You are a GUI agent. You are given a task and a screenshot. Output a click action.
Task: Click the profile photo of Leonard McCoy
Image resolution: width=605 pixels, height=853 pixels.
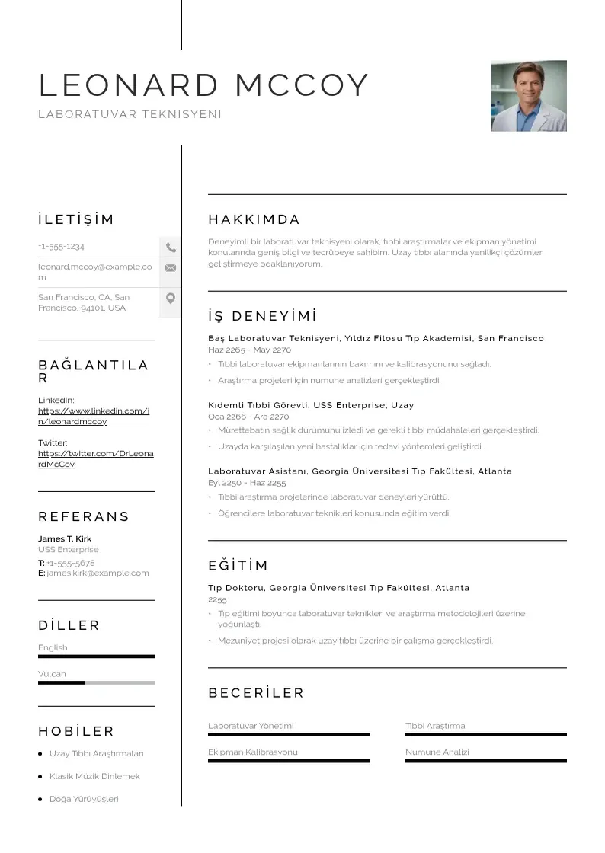(x=528, y=96)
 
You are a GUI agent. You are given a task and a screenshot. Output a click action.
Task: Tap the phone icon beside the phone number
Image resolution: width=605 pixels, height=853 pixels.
(x=171, y=248)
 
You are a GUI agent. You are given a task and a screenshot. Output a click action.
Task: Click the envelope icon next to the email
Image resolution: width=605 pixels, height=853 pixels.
(x=171, y=268)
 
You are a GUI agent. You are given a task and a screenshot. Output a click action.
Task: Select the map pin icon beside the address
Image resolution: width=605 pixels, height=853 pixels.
(x=171, y=299)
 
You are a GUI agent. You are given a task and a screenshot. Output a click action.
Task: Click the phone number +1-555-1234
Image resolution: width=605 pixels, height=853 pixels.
(x=61, y=247)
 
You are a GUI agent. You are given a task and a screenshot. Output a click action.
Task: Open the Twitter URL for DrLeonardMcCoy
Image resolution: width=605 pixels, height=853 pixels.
(x=95, y=458)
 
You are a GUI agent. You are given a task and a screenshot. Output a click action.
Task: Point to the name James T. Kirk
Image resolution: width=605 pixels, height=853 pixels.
(x=65, y=539)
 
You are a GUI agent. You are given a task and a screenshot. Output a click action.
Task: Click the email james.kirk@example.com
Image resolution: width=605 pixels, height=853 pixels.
(x=98, y=573)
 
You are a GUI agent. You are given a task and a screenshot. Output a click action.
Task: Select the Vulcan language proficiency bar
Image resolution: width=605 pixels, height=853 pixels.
(x=96, y=682)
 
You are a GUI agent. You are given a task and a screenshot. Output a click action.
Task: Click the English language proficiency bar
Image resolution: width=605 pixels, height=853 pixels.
(x=96, y=656)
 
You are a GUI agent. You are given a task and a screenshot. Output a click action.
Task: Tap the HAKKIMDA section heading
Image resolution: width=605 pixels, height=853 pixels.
(x=254, y=220)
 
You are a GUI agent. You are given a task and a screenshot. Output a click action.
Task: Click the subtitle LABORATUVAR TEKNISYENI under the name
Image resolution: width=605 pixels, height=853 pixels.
(x=130, y=114)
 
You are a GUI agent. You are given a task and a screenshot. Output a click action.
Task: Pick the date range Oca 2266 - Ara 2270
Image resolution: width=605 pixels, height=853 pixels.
(x=248, y=417)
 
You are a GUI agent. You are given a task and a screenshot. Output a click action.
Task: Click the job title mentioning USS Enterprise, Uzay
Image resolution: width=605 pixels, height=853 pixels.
(x=311, y=405)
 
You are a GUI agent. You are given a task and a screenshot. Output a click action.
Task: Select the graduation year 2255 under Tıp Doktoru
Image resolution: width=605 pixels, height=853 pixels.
(x=217, y=600)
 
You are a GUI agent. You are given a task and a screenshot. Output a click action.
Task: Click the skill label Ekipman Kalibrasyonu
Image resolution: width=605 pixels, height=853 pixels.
(x=252, y=752)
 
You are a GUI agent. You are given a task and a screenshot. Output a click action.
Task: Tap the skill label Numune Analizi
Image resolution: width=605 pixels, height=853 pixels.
(x=437, y=752)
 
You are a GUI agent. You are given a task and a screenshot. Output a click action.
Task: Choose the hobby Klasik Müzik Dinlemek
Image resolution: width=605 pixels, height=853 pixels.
(x=94, y=777)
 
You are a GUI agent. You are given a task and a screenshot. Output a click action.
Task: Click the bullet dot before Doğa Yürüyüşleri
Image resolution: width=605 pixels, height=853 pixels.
(x=40, y=800)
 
